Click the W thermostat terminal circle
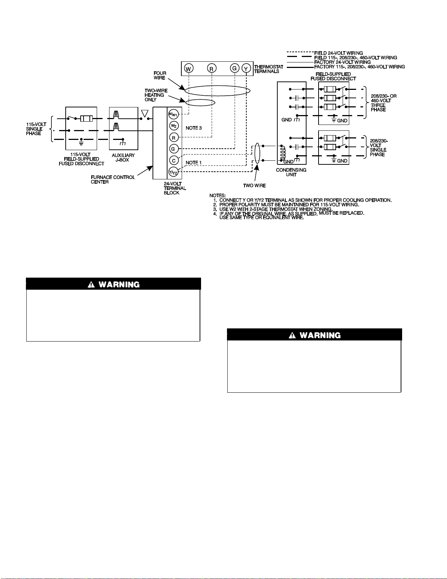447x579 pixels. [189, 68]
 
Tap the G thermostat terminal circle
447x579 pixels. [234, 68]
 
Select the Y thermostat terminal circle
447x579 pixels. [246, 68]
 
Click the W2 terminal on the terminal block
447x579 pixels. [174, 126]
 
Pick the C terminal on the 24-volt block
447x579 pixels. [174, 160]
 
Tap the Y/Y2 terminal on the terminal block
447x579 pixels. [173, 172]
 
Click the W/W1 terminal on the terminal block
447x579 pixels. [173, 114]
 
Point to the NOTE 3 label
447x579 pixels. [194, 128]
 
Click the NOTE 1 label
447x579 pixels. [194, 163]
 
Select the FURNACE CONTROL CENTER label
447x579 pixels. [113, 180]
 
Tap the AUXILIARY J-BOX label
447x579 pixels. [123, 157]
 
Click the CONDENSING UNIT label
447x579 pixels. [291, 172]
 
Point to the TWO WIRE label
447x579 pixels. [254, 186]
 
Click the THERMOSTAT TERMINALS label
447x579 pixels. [269, 69]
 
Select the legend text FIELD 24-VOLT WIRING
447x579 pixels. [339, 53]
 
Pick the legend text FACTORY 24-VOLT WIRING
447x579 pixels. [342, 62]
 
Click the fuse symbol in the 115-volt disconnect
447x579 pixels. [86, 118]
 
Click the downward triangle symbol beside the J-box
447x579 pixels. [145, 114]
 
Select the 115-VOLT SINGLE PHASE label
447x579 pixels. [36, 129]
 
